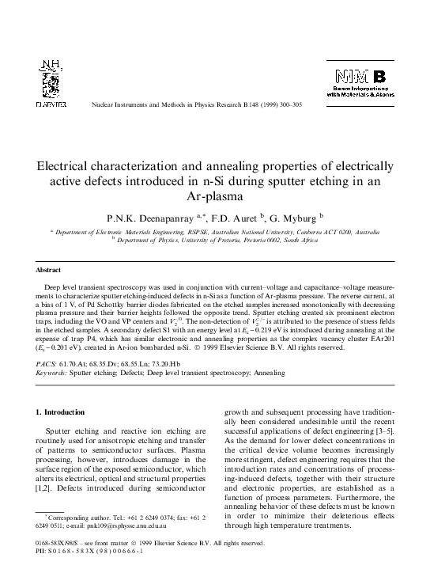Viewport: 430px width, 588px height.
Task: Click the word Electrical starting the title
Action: (74, 168)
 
